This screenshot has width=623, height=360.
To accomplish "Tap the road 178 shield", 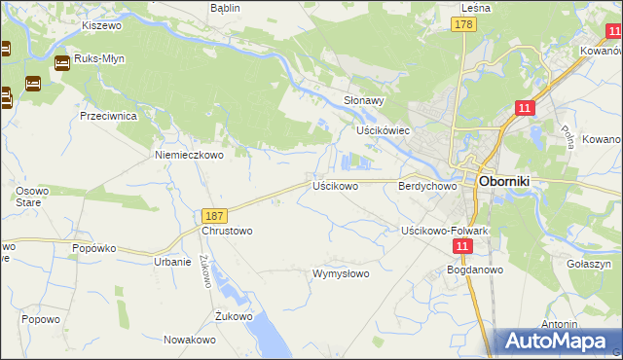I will click(463, 24).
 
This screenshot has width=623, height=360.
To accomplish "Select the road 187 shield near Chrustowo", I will click(215, 215).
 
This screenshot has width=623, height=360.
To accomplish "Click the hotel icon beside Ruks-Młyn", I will click(62, 63).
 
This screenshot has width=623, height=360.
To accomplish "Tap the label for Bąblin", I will click(225, 7).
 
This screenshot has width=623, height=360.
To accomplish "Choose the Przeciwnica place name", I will click(108, 115).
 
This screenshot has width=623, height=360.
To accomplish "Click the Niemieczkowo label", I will click(190, 154).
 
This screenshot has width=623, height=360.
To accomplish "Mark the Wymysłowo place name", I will click(341, 273).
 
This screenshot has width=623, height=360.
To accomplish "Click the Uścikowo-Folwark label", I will click(444, 231).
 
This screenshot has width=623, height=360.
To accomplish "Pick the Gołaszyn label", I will click(588, 264).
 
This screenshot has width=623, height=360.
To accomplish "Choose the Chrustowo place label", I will click(227, 231).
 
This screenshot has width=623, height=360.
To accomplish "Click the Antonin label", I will click(561, 324).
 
